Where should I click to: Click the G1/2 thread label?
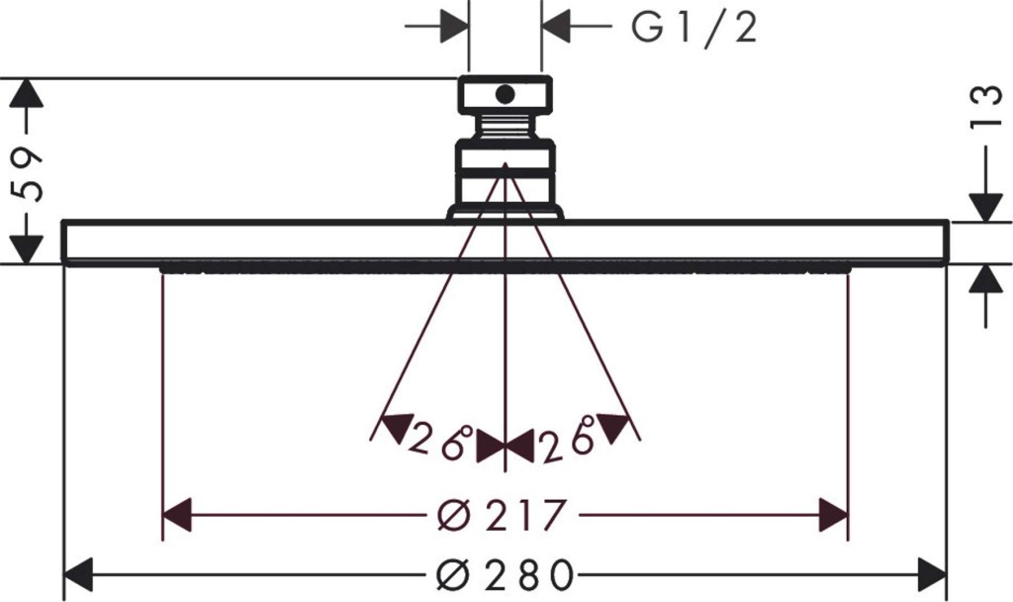(693, 28)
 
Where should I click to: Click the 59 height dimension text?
(28, 174)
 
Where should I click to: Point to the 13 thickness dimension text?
(986, 107)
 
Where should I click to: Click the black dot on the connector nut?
(506, 95)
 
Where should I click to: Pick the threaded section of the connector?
(506, 126)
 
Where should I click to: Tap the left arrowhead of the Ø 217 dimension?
(177, 515)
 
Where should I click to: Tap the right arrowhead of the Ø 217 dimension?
(833, 515)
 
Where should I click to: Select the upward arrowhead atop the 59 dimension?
(27, 92)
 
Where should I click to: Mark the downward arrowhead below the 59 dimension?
(27, 249)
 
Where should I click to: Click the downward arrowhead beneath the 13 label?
(986, 207)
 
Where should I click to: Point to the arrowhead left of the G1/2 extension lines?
(453, 26)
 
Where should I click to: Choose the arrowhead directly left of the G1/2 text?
(557, 26)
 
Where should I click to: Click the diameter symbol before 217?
(453, 515)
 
